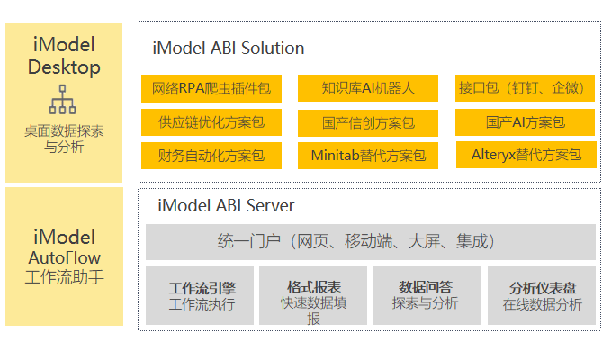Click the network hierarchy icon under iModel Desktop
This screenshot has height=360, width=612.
coord(62,100)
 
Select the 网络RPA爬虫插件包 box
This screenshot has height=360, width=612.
coord(211,88)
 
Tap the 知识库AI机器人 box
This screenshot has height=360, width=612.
coord(368,88)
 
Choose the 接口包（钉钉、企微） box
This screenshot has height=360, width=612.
coord(525,88)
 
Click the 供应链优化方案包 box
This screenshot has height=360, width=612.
coord(211,122)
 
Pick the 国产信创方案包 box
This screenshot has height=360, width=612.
coord(368,123)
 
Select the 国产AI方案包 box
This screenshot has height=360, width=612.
coord(525,122)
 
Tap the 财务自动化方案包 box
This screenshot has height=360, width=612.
coord(211,156)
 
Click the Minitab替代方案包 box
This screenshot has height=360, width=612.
coord(368,156)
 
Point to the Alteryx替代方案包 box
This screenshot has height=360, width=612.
coord(526,155)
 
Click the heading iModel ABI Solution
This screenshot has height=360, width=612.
coord(229,49)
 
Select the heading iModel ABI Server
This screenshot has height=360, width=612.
coord(226,206)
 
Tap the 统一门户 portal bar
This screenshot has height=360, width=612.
coord(371,242)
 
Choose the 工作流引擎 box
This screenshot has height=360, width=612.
coord(200,295)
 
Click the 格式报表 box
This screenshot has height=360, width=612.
coord(313,295)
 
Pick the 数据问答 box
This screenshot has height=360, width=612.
coord(427,295)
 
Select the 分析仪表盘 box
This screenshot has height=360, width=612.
coord(542,295)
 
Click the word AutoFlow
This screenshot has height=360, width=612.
coord(65,257)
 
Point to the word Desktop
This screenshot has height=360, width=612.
coord(64,67)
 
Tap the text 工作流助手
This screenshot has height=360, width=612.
coord(65,277)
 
